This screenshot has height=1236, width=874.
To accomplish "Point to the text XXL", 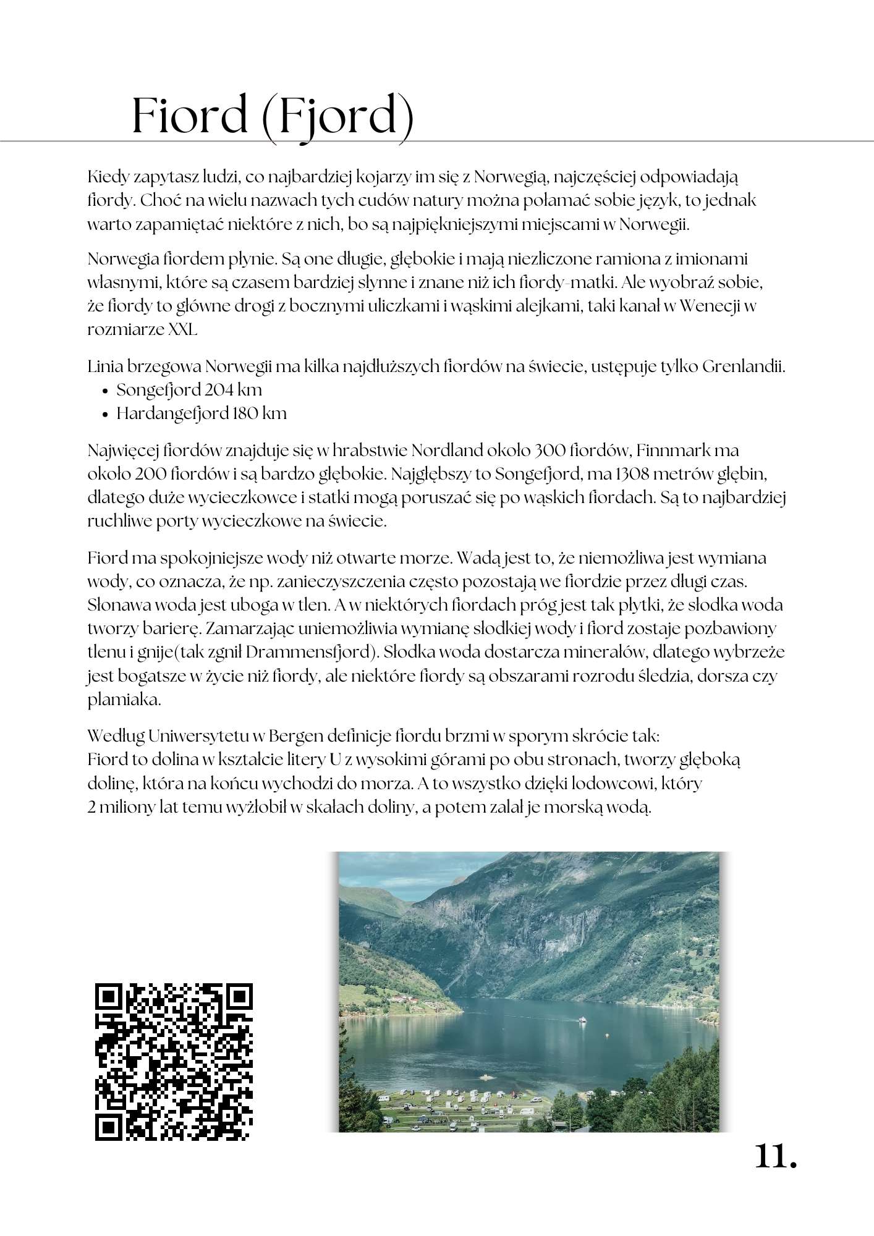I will point(182,330).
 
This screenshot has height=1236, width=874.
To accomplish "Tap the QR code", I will point(174,1062).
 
